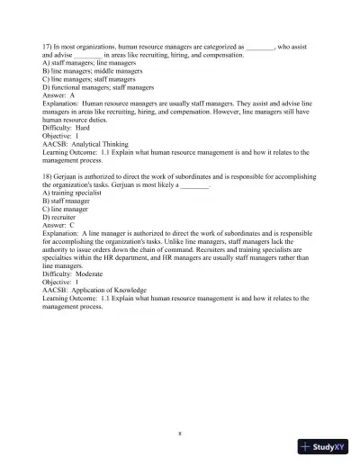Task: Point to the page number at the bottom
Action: click(x=180, y=433)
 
